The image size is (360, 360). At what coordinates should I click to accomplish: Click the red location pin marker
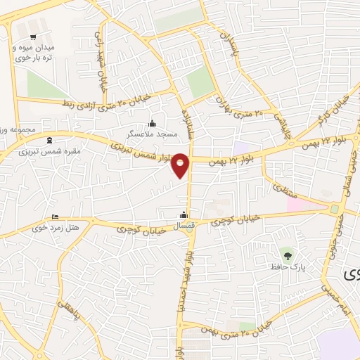pyautogui.click(x=181, y=165)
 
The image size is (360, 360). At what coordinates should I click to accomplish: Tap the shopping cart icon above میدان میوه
pyautogui.click(x=32, y=37)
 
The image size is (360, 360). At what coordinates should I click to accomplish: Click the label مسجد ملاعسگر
pyautogui.click(x=150, y=133)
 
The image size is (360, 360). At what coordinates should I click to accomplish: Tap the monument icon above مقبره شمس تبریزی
pyautogui.click(x=49, y=139)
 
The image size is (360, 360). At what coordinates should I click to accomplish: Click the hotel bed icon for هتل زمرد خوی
pyautogui.click(x=56, y=217)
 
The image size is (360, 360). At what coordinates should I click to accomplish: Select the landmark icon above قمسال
pyautogui.click(x=184, y=214)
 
